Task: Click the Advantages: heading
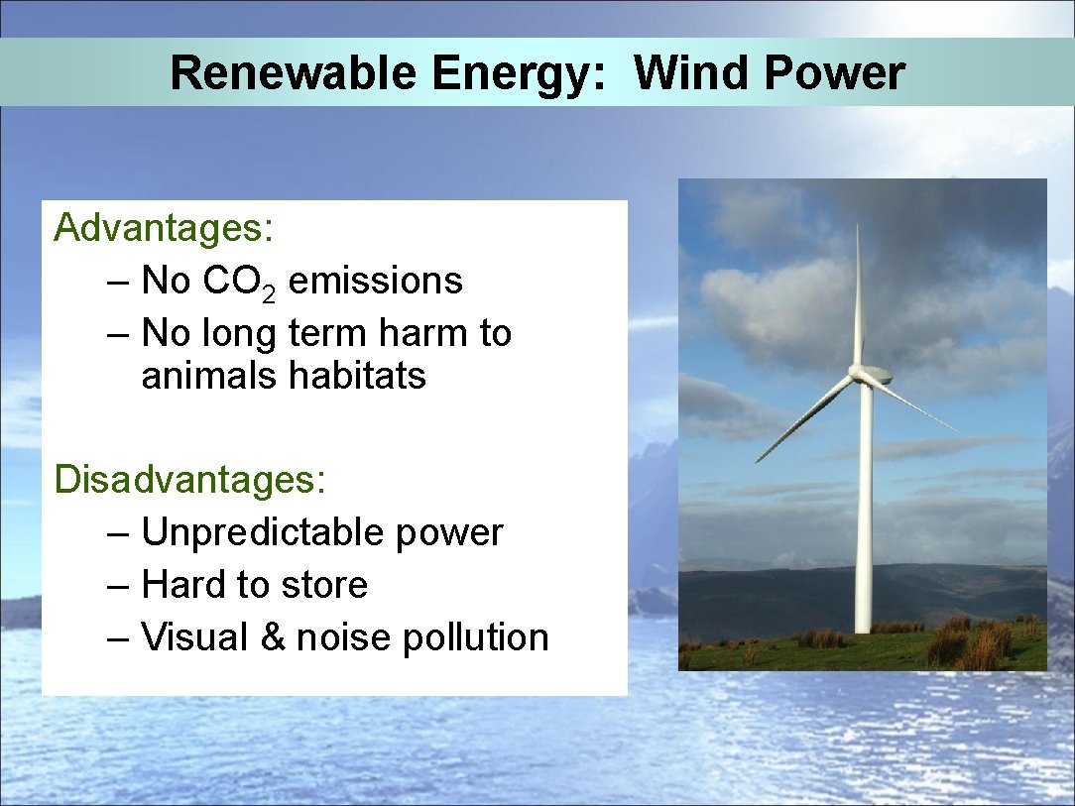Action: click(164, 228)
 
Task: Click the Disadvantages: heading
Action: click(189, 479)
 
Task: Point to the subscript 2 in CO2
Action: click(270, 290)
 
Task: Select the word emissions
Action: click(375, 282)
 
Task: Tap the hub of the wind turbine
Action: click(859, 373)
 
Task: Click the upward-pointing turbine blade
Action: click(859, 297)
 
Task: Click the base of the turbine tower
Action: click(863, 625)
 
